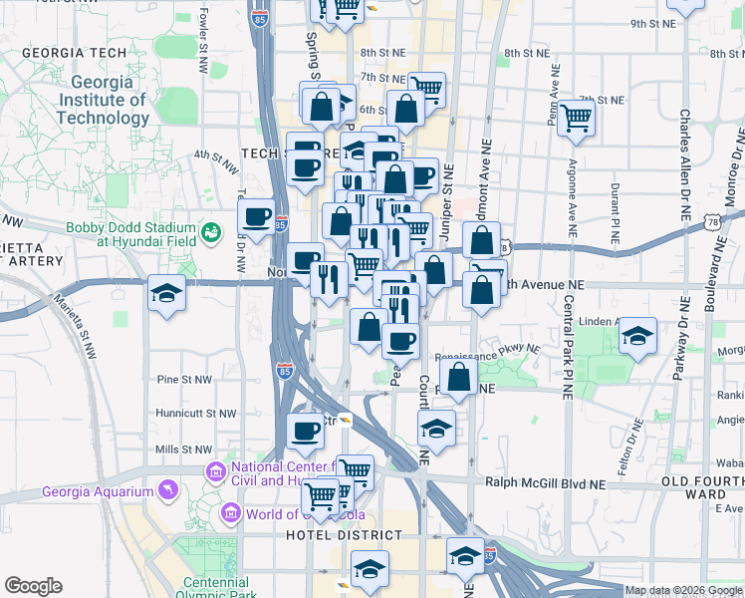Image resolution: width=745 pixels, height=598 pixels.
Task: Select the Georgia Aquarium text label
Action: [x=98, y=491]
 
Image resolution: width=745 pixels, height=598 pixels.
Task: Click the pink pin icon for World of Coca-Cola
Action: [x=232, y=514]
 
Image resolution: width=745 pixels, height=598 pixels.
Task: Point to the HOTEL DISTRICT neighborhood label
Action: [x=344, y=535]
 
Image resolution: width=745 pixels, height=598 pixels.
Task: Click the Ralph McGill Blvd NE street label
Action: [x=545, y=482]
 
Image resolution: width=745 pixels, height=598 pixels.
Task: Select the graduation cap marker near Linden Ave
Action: [x=636, y=336]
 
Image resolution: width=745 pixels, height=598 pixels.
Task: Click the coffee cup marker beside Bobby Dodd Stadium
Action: [x=257, y=216]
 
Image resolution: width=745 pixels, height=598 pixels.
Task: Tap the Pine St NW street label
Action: [x=185, y=380]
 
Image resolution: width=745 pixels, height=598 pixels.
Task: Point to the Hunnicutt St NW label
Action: [x=196, y=413]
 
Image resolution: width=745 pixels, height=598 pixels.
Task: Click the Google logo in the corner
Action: [x=34, y=586]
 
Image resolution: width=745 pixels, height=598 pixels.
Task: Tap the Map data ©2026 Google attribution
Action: [x=683, y=590]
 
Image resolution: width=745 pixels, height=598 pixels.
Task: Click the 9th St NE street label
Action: [x=652, y=23]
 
